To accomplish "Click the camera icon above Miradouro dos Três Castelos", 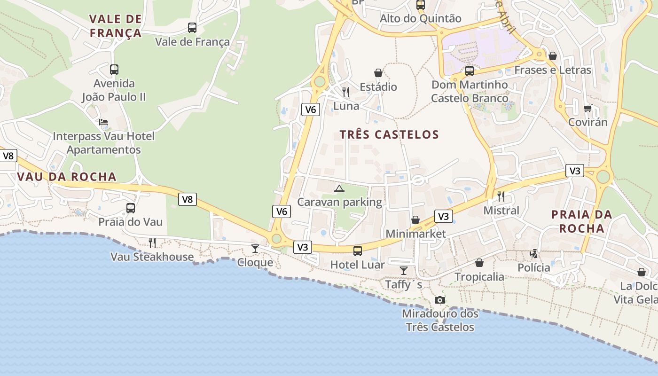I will pyautogui.click(x=440, y=300).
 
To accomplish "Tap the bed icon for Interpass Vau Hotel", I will pyautogui.click(x=103, y=122).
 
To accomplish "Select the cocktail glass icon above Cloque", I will pyautogui.click(x=255, y=248).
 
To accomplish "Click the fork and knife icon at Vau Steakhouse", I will pyautogui.click(x=152, y=243).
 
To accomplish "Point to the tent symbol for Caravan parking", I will pyautogui.click(x=339, y=189).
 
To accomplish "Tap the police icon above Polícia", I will pyautogui.click(x=533, y=254).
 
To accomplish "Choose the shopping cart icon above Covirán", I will pyautogui.click(x=587, y=109).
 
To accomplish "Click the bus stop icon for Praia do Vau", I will pyautogui.click(x=131, y=208).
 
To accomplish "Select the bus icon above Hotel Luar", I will pyautogui.click(x=358, y=251).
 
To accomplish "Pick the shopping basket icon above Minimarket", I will pyautogui.click(x=415, y=220).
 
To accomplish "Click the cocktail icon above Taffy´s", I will pyautogui.click(x=403, y=270).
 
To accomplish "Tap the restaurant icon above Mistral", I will pyautogui.click(x=501, y=196).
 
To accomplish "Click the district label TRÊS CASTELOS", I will pyautogui.click(x=389, y=135).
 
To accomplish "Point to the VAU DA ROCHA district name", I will pyautogui.click(x=66, y=177).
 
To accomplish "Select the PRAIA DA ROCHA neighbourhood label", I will pyautogui.click(x=582, y=222).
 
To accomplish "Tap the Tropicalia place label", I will pyautogui.click(x=479, y=277).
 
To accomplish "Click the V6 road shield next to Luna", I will pyautogui.click(x=310, y=110).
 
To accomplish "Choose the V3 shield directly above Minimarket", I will pyautogui.click(x=444, y=216).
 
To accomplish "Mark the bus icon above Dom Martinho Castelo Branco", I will pyautogui.click(x=469, y=71).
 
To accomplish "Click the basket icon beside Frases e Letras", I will pyautogui.click(x=553, y=56).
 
